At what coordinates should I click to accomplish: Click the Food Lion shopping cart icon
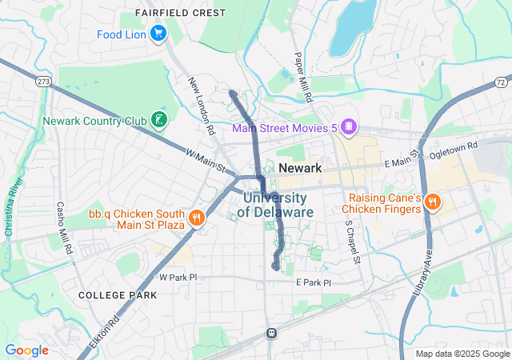(x=158, y=34)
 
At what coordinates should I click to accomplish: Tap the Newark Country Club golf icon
(x=160, y=121)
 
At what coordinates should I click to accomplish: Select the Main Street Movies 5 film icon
(x=347, y=126)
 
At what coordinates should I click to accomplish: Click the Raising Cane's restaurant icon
(x=433, y=202)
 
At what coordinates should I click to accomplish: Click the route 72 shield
(x=501, y=82)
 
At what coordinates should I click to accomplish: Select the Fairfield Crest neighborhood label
(x=180, y=14)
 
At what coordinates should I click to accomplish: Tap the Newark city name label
(x=301, y=169)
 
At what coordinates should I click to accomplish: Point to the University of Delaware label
(x=275, y=205)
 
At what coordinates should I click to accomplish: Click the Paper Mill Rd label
(x=302, y=77)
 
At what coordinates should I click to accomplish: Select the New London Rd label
(x=202, y=105)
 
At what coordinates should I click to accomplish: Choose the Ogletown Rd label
(x=453, y=148)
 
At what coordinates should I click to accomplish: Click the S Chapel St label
(x=352, y=243)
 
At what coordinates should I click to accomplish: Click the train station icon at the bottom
(x=271, y=333)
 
